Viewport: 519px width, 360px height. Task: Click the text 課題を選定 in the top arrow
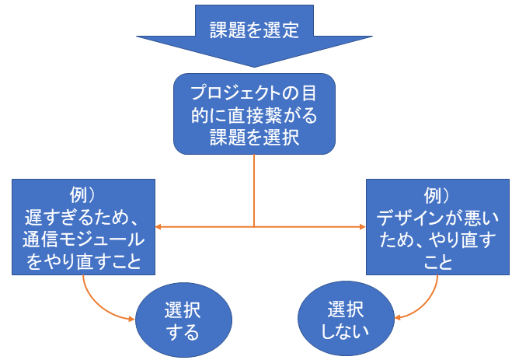point(254,29)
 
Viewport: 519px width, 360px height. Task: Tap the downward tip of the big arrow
point(254,65)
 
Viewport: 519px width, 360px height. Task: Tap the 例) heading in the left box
point(84,191)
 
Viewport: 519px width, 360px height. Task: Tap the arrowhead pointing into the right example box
point(361,227)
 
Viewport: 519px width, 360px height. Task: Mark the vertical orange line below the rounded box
point(254,190)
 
